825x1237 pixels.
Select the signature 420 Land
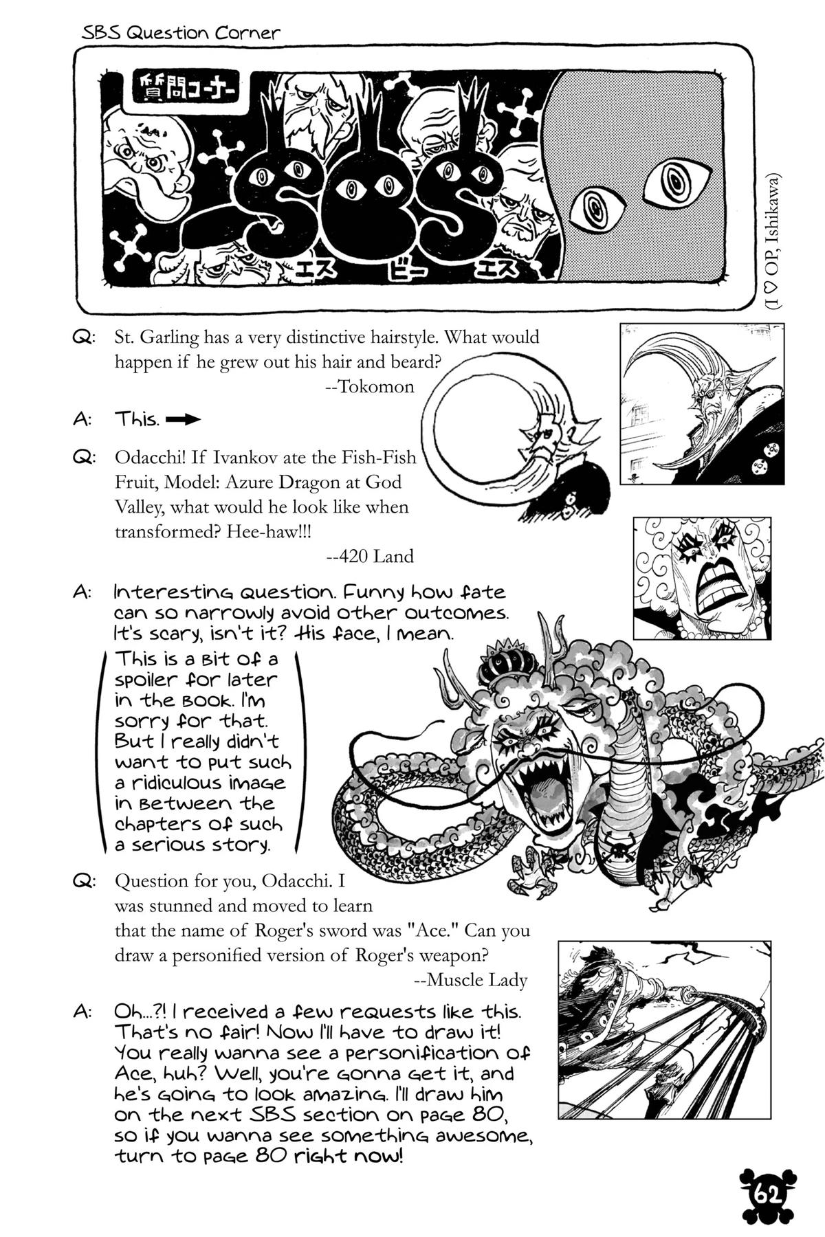370,556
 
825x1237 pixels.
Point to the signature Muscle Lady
471,980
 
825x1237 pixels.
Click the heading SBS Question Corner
181,33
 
